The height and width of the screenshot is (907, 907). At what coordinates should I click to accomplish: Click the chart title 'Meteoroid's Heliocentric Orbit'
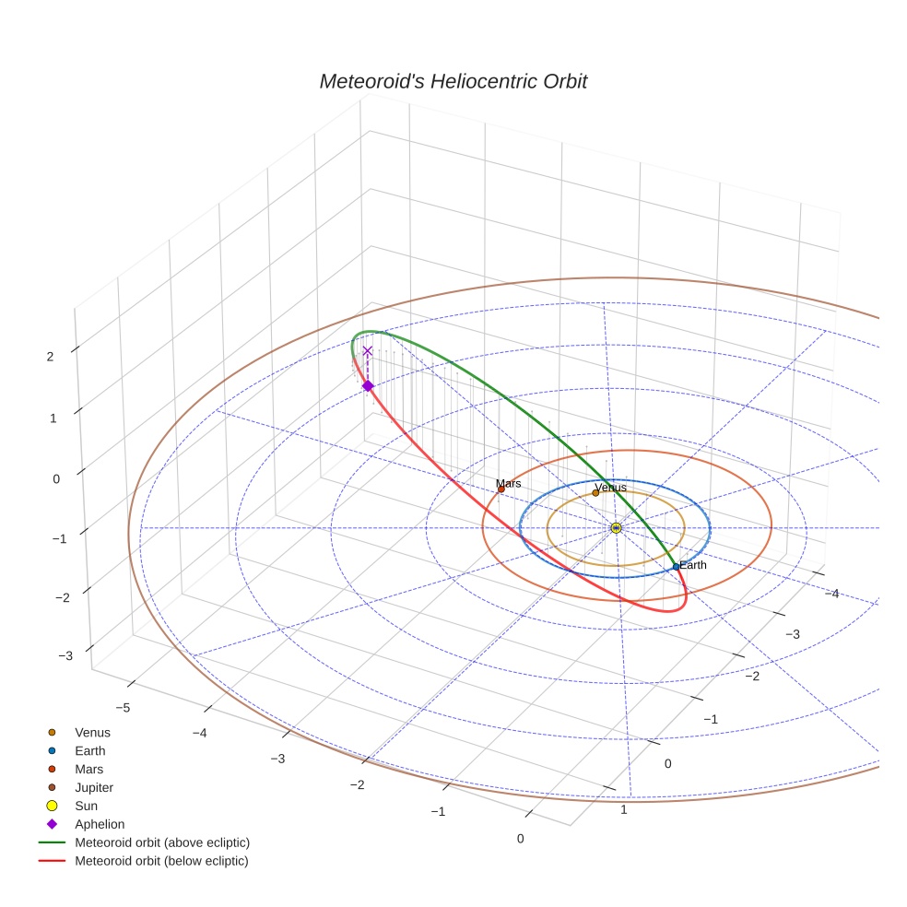(x=453, y=82)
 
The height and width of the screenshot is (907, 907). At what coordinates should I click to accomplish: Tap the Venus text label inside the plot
(x=610, y=487)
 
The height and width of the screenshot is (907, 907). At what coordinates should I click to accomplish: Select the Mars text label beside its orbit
(x=508, y=483)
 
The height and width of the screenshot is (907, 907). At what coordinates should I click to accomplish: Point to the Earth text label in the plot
(x=692, y=565)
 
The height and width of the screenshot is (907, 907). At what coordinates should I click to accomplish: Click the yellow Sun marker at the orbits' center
(x=616, y=527)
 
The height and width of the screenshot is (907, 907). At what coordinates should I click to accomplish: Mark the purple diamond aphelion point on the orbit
(x=368, y=386)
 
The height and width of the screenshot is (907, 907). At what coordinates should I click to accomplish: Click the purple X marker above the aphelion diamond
(x=368, y=351)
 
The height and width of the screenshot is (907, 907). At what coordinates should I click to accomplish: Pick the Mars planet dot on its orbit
(x=501, y=489)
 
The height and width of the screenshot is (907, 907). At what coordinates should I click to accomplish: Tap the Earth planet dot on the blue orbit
(x=676, y=567)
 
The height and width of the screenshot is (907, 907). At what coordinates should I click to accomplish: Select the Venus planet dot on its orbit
(x=595, y=493)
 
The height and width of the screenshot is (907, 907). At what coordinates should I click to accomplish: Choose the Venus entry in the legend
(x=92, y=733)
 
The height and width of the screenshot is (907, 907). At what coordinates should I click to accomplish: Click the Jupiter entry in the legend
(x=94, y=788)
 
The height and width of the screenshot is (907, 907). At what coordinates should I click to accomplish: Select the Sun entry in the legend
(x=86, y=807)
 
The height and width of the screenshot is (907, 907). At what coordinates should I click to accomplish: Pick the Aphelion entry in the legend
(x=100, y=825)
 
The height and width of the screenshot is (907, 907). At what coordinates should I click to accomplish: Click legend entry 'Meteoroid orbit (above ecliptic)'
(x=162, y=843)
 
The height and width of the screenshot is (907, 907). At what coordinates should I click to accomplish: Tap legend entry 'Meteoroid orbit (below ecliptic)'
(x=162, y=862)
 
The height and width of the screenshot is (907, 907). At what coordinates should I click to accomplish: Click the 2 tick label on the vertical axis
(x=51, y=357)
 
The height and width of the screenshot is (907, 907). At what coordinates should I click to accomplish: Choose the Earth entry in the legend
(x=90, y=751)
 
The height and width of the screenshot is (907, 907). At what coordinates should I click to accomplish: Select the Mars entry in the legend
(x=88, y=770)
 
